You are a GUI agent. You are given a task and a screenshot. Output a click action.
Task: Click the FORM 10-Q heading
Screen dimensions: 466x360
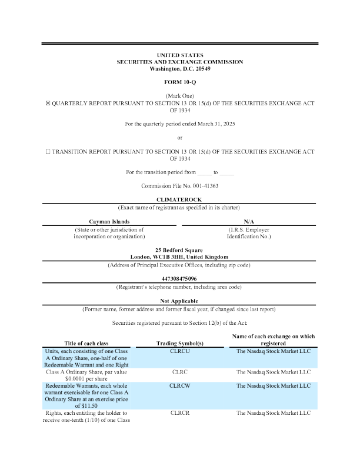pyautogui.click(x=180, y=82)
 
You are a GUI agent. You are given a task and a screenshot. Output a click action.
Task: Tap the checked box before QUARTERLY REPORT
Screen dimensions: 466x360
pyautogui.click(x=49, y=103)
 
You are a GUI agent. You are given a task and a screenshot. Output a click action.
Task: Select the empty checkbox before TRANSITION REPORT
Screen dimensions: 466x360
pyautogui.click(x=49, y=151)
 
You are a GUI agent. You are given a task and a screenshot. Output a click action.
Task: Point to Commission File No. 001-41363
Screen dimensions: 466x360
pyautogui.click(x=180, y=186)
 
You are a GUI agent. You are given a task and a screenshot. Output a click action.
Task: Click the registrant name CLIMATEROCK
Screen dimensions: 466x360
pyautogui.click(x=180, y=200)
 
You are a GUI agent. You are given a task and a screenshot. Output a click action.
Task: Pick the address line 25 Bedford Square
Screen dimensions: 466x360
pyautogui.click(x=180, y=250)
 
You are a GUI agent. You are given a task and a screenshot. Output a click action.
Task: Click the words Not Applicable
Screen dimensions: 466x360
pyautogui.click(x=180, y=301)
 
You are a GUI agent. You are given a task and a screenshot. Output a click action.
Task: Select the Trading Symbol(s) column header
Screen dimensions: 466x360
pyautogui.click(x=180, y=344)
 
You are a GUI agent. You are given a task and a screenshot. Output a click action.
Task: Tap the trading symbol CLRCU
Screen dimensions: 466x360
pyautogui.click(x=180, y=351)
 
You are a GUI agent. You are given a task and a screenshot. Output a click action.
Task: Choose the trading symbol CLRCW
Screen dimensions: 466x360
pyautogui.click(x=180, y=386)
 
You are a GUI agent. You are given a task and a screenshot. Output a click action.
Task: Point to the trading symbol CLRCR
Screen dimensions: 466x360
pyautogui.click(x=180, y=414)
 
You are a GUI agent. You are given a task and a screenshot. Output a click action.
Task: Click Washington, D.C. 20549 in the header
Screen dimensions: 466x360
pyautogui.click(x=180, y=69)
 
